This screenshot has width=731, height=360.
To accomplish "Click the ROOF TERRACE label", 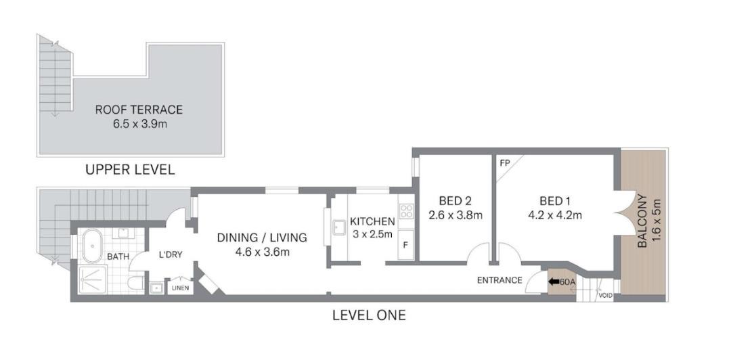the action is point(139,110).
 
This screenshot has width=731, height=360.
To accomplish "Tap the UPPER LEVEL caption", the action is point(130,170).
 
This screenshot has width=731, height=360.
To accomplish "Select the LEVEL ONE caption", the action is point(369,315).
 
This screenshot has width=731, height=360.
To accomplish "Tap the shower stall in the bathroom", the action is point(93,279).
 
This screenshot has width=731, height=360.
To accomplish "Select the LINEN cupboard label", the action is point(181,288).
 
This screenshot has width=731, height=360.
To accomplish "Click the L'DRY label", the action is point(171,254).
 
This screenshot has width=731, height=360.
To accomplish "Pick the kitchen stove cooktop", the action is point(406,212).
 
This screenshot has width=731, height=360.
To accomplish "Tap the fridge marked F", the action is point(405,244).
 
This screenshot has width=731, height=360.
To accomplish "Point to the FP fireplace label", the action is point(504,164).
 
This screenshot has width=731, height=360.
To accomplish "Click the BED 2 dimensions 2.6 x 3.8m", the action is point(455,216).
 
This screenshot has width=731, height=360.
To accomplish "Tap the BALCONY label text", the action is point(642,221).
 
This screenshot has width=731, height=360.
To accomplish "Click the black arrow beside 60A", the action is point(554,282).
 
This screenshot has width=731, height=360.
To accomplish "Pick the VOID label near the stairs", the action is point(605,296).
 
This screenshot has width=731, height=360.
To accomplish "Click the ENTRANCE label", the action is point(500,280).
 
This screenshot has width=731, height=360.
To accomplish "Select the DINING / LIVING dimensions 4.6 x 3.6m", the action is point(262,253).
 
